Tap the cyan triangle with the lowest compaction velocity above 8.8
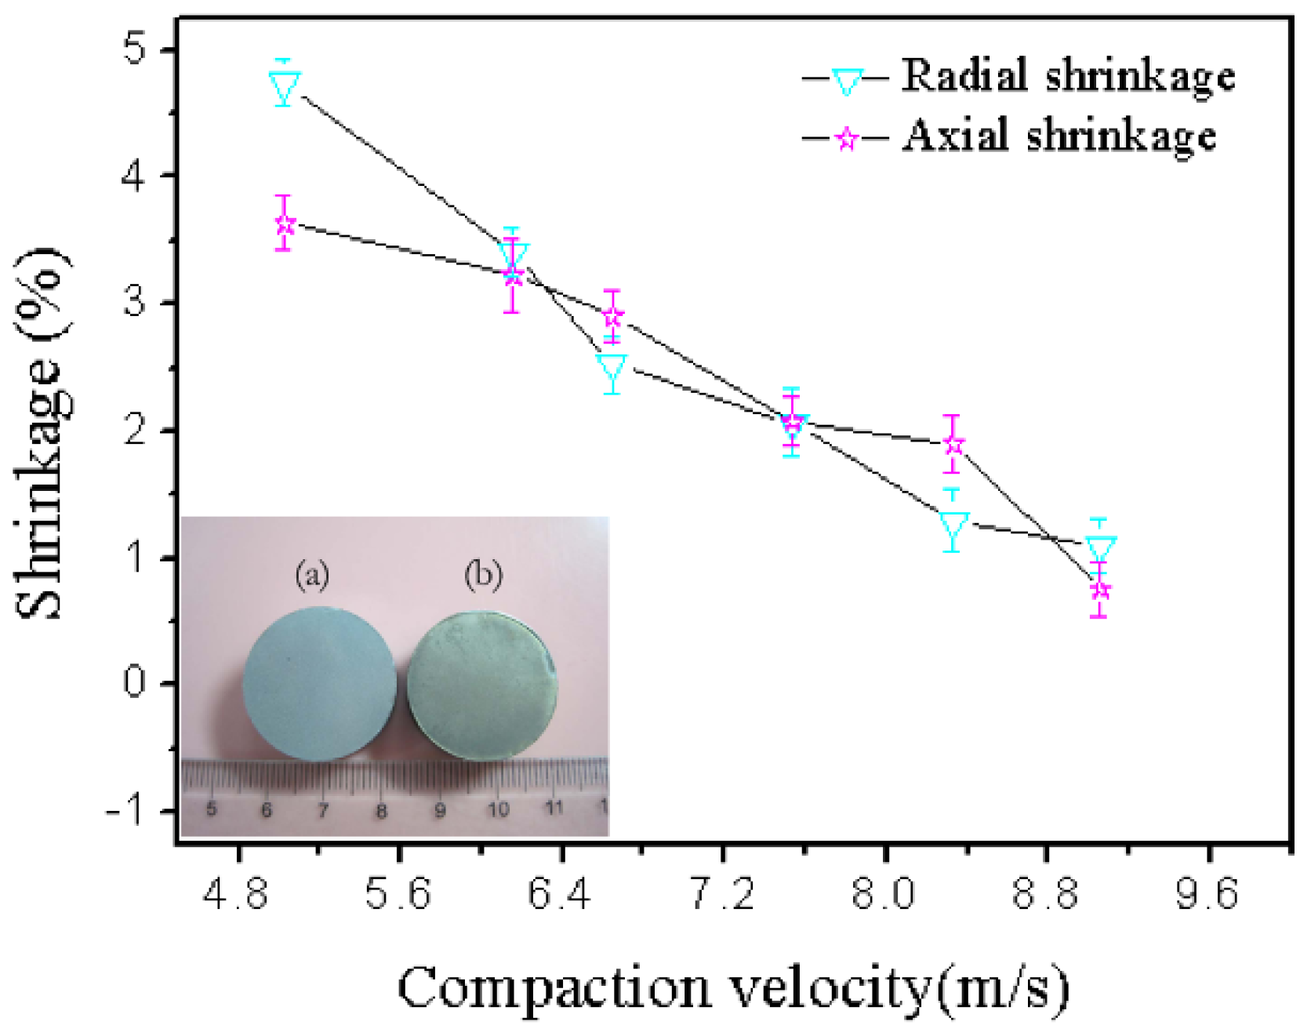(1100, 549)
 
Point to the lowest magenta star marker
(1100, 590)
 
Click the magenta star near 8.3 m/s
(953, 445)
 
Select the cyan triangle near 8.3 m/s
(953, 525)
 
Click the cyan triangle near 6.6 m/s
(612, 366)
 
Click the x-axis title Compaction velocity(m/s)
(733, 987)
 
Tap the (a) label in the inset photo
(312, 576)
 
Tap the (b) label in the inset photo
(482, 576)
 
